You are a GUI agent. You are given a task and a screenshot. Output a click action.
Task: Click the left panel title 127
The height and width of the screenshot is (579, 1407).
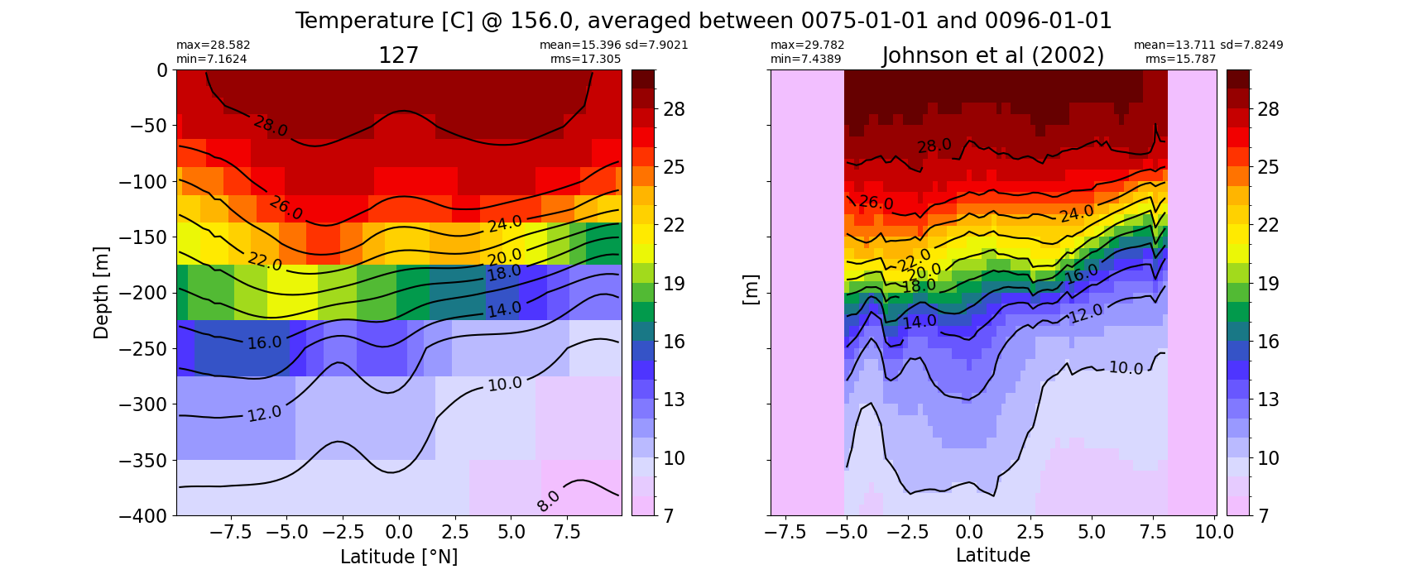coord(398,56)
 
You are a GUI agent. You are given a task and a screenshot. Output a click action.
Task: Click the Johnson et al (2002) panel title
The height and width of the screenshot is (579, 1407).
coord(993,56)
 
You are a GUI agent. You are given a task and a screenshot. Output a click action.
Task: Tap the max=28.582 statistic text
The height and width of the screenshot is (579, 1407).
coord(213,45)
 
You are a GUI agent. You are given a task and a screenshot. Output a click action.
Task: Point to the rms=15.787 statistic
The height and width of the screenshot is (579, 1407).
coord(1181,60)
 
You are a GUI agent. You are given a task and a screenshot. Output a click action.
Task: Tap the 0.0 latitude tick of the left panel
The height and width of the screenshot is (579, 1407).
coord(399,533)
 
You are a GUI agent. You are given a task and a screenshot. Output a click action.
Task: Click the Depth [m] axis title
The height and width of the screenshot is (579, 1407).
coord(100,293)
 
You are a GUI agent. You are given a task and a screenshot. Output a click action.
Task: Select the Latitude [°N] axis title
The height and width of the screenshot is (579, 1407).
coord(399,557)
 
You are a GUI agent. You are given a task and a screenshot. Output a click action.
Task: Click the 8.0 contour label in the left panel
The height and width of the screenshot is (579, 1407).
coord(549,500)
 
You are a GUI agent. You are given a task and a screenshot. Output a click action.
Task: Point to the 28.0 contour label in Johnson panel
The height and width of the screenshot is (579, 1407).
coord(934,146)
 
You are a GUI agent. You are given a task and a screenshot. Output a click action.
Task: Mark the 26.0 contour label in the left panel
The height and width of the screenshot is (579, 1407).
coord(286,208)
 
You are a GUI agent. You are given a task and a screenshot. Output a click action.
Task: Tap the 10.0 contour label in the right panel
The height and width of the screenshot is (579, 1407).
coord(1126,368)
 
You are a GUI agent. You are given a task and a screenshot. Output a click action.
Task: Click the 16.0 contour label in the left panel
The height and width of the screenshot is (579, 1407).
coord(265,342)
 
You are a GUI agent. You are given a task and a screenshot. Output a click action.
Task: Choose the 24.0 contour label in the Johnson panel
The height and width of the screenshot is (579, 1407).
coord(1077,214)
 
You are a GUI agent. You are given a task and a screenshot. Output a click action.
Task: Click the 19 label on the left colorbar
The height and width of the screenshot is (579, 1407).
coord(674,284)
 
